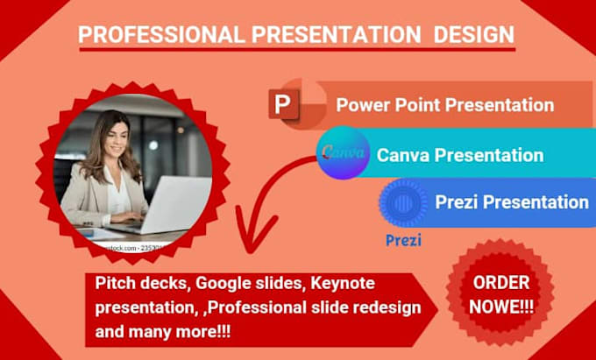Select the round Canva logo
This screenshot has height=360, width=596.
(x=343, y=154)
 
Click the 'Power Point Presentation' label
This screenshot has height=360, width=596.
(x=444, y=105)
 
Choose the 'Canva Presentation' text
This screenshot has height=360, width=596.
(x=459, y=156)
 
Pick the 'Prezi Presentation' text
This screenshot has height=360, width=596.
(x=511, y=202)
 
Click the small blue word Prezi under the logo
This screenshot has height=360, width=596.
(x=402, y=239)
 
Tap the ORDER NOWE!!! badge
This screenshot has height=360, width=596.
(x=500, y=294)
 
